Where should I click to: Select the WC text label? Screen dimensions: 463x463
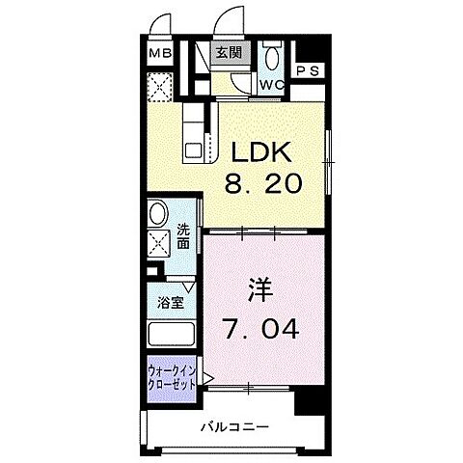pos(273,85)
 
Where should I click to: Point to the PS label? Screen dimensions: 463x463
pos(309,70)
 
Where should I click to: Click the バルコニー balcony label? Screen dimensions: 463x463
pos(234,426)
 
